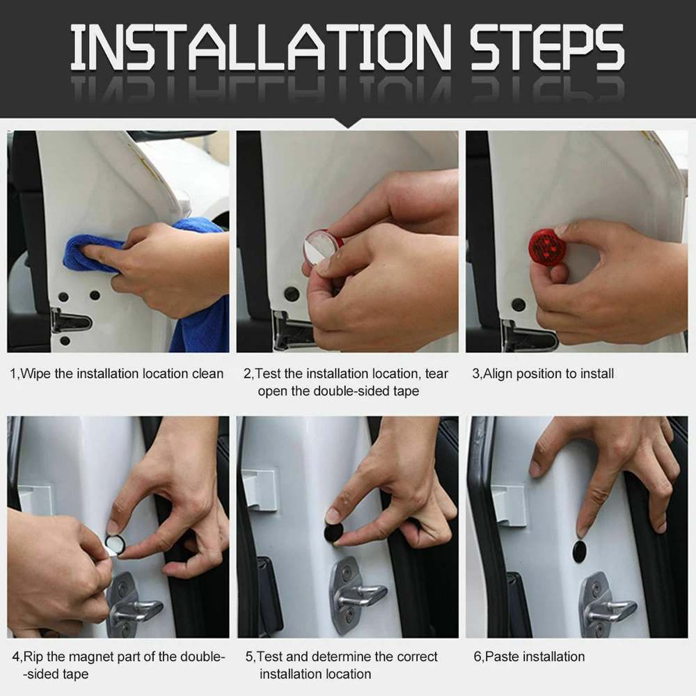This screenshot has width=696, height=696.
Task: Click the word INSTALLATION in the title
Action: point(261,47)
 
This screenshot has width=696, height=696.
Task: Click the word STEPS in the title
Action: point(547,47)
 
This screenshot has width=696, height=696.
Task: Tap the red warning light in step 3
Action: point(546,247)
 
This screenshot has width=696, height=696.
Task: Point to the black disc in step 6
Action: point(579,551)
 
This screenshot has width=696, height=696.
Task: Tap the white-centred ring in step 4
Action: point(116,544)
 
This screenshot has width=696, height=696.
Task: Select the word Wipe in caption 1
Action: point(35,374)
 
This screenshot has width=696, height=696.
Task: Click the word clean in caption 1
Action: point(207,374)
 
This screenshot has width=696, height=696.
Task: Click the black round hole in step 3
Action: point(519,305)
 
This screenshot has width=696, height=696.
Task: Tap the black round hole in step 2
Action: point(292,294)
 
